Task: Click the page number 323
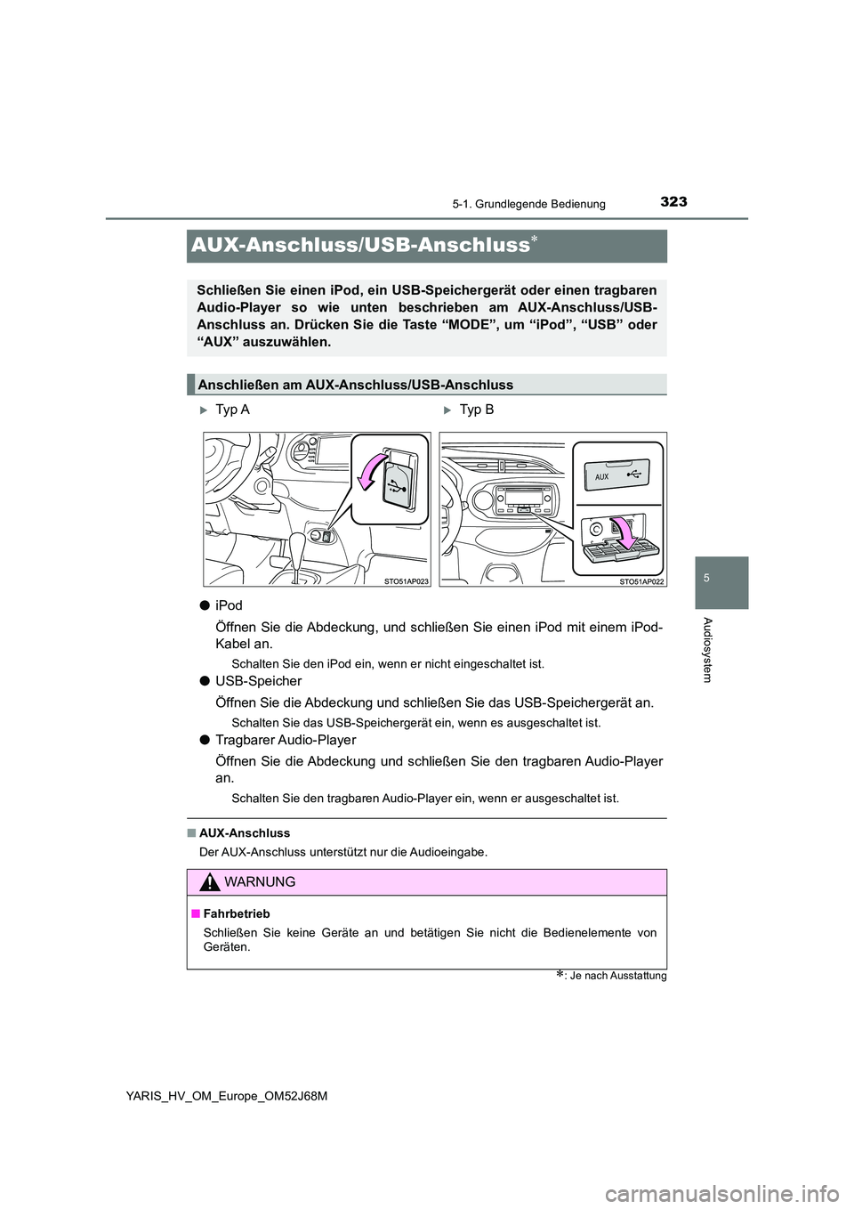pyautogui.click(x=673, y=202)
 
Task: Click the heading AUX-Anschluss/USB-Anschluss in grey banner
pyautogui.click(x=360, y=246)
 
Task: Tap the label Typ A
pyautogui.click(x=232, y=410)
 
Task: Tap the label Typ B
pyautogui.click(x=476, y=410)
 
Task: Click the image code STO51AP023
pyautogui.click(x=406, y=580)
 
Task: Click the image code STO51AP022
pyautogui.click(x=641, y=580)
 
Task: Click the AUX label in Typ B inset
pyautogui.click(x=602, y=477)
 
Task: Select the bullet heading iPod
pyautogui.click(x=229, y=605)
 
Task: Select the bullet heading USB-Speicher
pyautogui.click(x=258, y=681)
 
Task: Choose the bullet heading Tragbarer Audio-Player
pyautogui.click(x=285, y=740)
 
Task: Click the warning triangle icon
pyautogui.click(x=208, y=882)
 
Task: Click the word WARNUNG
pyautogui.click(x=261, y=882)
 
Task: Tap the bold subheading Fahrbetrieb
pyautogui.click(x=236, y=913)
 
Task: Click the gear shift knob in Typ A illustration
pyautogui.click(x=296, y=545)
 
